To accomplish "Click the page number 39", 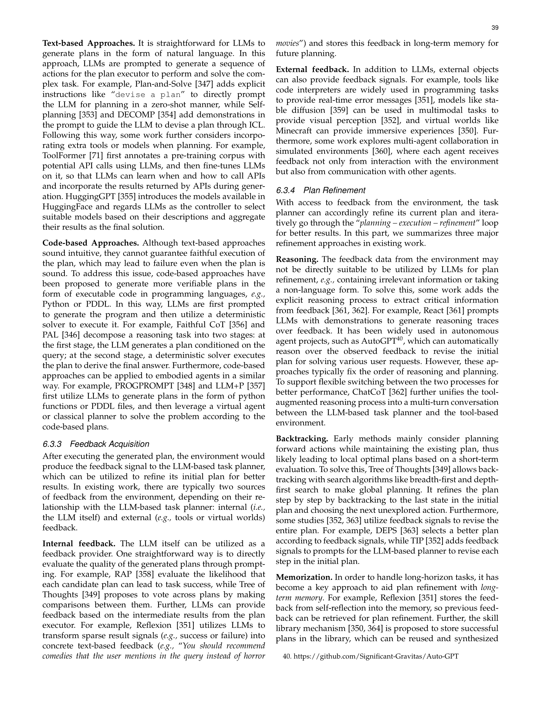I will pos(495,28).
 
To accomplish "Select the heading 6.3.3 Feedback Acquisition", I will pos(96,444).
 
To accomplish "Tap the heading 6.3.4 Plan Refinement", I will pos(321,190).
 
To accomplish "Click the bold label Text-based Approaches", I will pos(88,43).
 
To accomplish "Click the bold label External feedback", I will pos(312,70).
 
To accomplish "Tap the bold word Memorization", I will pos(304,577).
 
